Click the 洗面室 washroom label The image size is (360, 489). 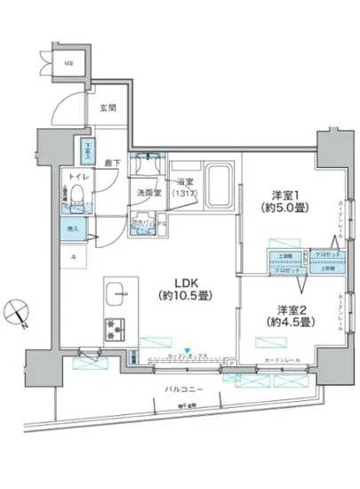pos(148,191)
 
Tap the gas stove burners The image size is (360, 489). pos(116,326)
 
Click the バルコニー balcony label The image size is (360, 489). pos(186,390)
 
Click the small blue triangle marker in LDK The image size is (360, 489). pos(187,348)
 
